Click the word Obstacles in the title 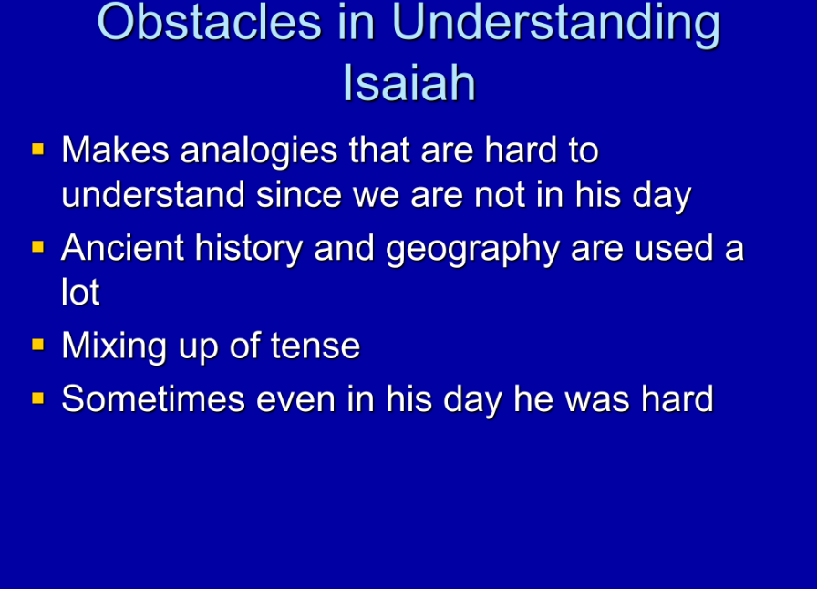(210, 22)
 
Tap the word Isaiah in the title (409, 82)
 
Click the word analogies (258, 151)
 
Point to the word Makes (115, 150)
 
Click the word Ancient (122, 247)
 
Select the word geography (472, 249)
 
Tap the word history (249, 249)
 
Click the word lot (80, 292)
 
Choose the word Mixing (114, 346)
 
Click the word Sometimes (153, 398)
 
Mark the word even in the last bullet (295, 400)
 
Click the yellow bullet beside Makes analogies (38, 150)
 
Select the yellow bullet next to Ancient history (38, 246)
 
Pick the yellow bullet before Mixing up (38, 345)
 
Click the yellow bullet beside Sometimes (38, 398)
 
